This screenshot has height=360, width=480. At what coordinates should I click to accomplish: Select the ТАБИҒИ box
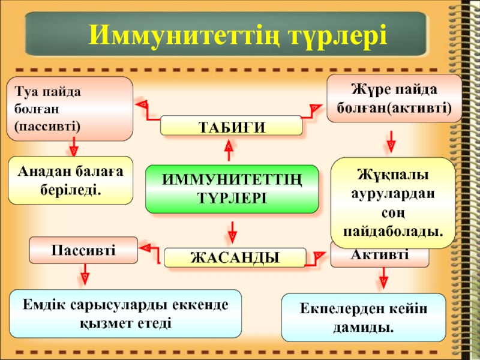tap(231, 125)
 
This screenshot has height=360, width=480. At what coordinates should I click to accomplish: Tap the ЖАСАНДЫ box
tap(234, 257)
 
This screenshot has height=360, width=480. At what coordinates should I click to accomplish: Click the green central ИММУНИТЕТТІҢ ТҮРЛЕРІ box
tap(232, 189)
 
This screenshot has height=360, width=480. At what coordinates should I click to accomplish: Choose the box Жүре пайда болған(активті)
tap(394, 99)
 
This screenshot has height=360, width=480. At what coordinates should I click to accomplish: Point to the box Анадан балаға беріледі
tap(70, 181)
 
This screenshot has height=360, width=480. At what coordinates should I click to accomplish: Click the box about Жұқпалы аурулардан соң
tap(393, 203)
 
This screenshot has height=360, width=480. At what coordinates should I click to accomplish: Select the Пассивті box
tap(83, 250)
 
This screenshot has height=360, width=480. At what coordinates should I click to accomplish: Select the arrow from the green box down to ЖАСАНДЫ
tap(232, 230)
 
